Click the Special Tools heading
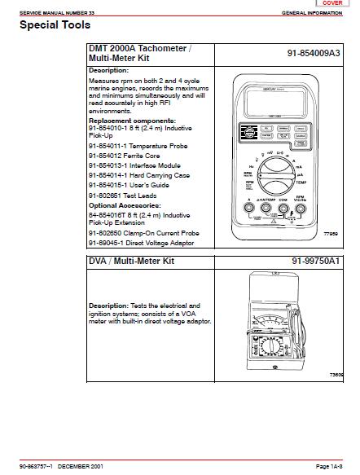click(x=50, y=24)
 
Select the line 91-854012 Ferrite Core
click(x=121, y=155)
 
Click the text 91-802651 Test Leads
click(x=121, y=196)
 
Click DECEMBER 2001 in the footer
click(x=81, y=465)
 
